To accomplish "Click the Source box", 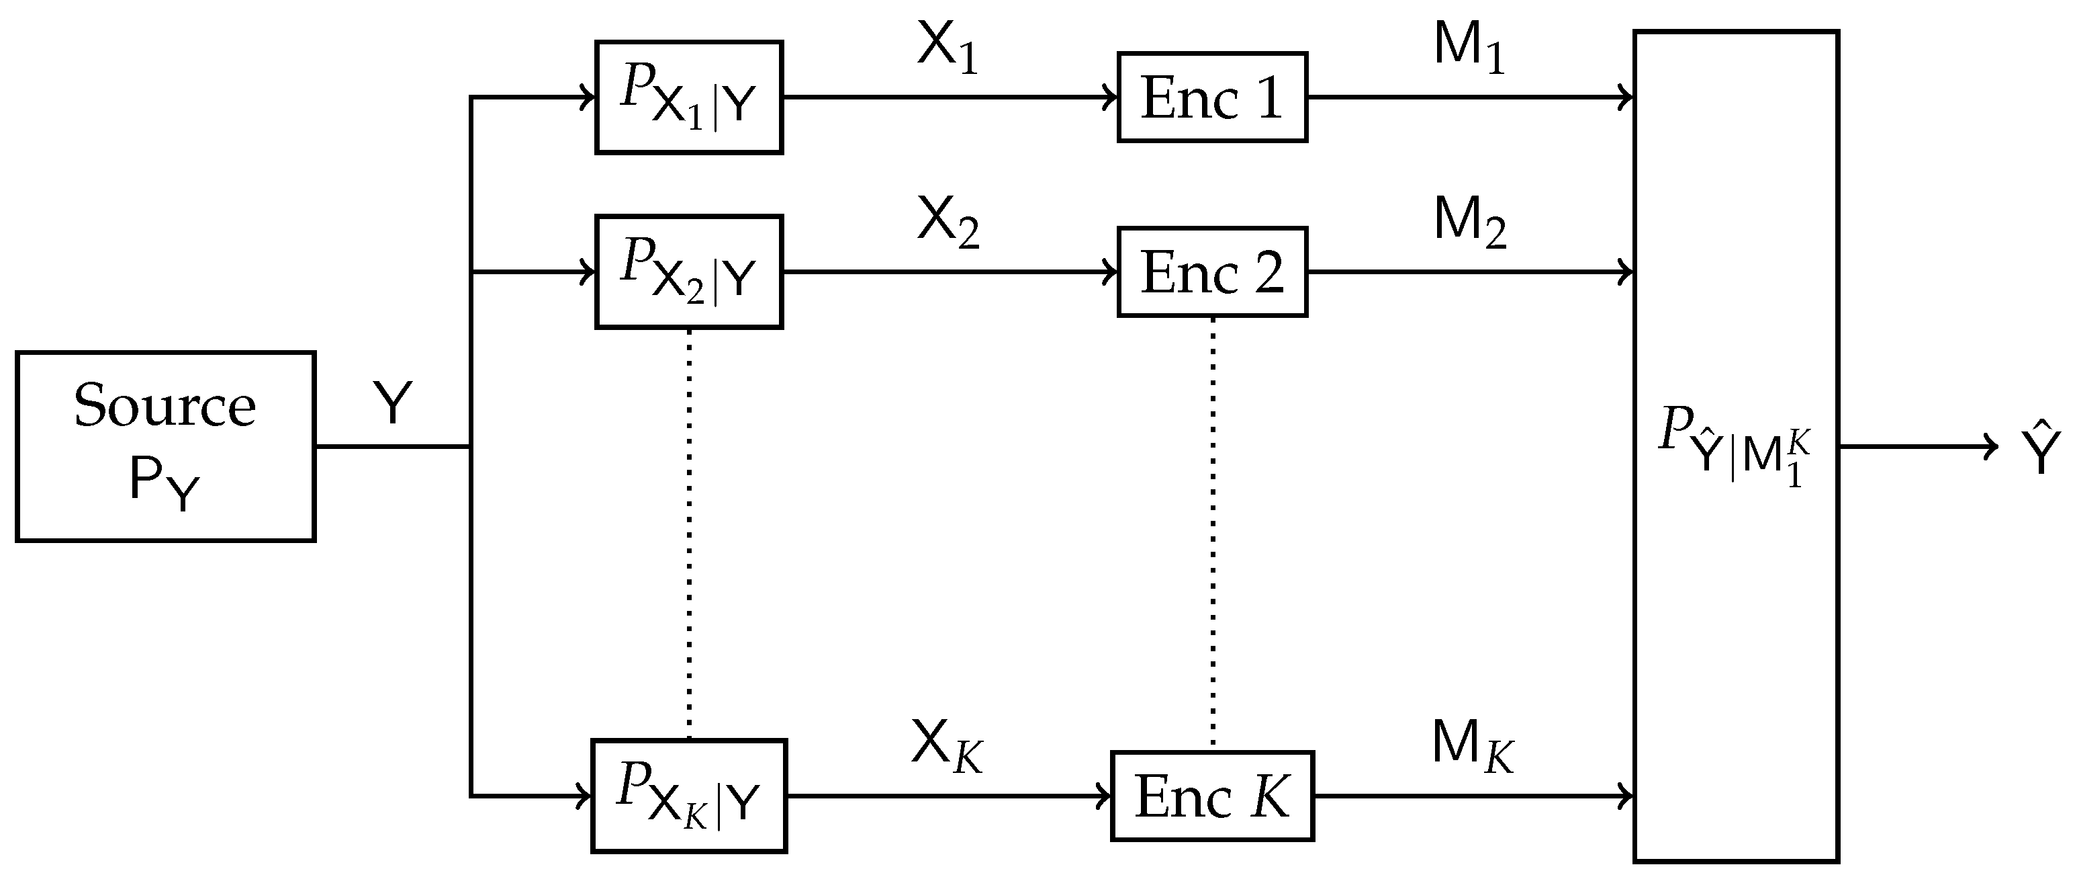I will pyautogui.click(x=165, y=446).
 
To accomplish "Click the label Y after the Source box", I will pyautogui.click(x=392, y=403).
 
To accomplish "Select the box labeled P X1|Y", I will pyautogui.click(x=689, y=97).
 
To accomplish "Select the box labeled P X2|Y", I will pyautogui.click(x=689, y=272).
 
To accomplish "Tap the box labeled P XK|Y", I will pyautogui.click(x=689, y=796).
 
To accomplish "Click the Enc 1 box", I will pyautogui.click(x=1211, y=97).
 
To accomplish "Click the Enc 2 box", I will pyautogui.click(x=1211, y=272).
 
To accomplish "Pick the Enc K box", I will pyautogui.click(x=1211, y=796).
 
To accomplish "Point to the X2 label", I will pyautogui.click(x=948, y=222).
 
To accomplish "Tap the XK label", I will pyautogui.click(x=946, y=745).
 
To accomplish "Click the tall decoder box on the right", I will pyautogui.click(x=1736, y=446).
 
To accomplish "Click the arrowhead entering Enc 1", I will pyautogui.click(x=1111, y=97).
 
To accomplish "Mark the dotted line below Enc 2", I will pyautogui.click(x=1213, y=532).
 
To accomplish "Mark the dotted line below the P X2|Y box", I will pyautogui.click(x=690, y=532).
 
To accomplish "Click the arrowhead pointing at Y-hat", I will pyautogui.click(x=1992, y=446).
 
